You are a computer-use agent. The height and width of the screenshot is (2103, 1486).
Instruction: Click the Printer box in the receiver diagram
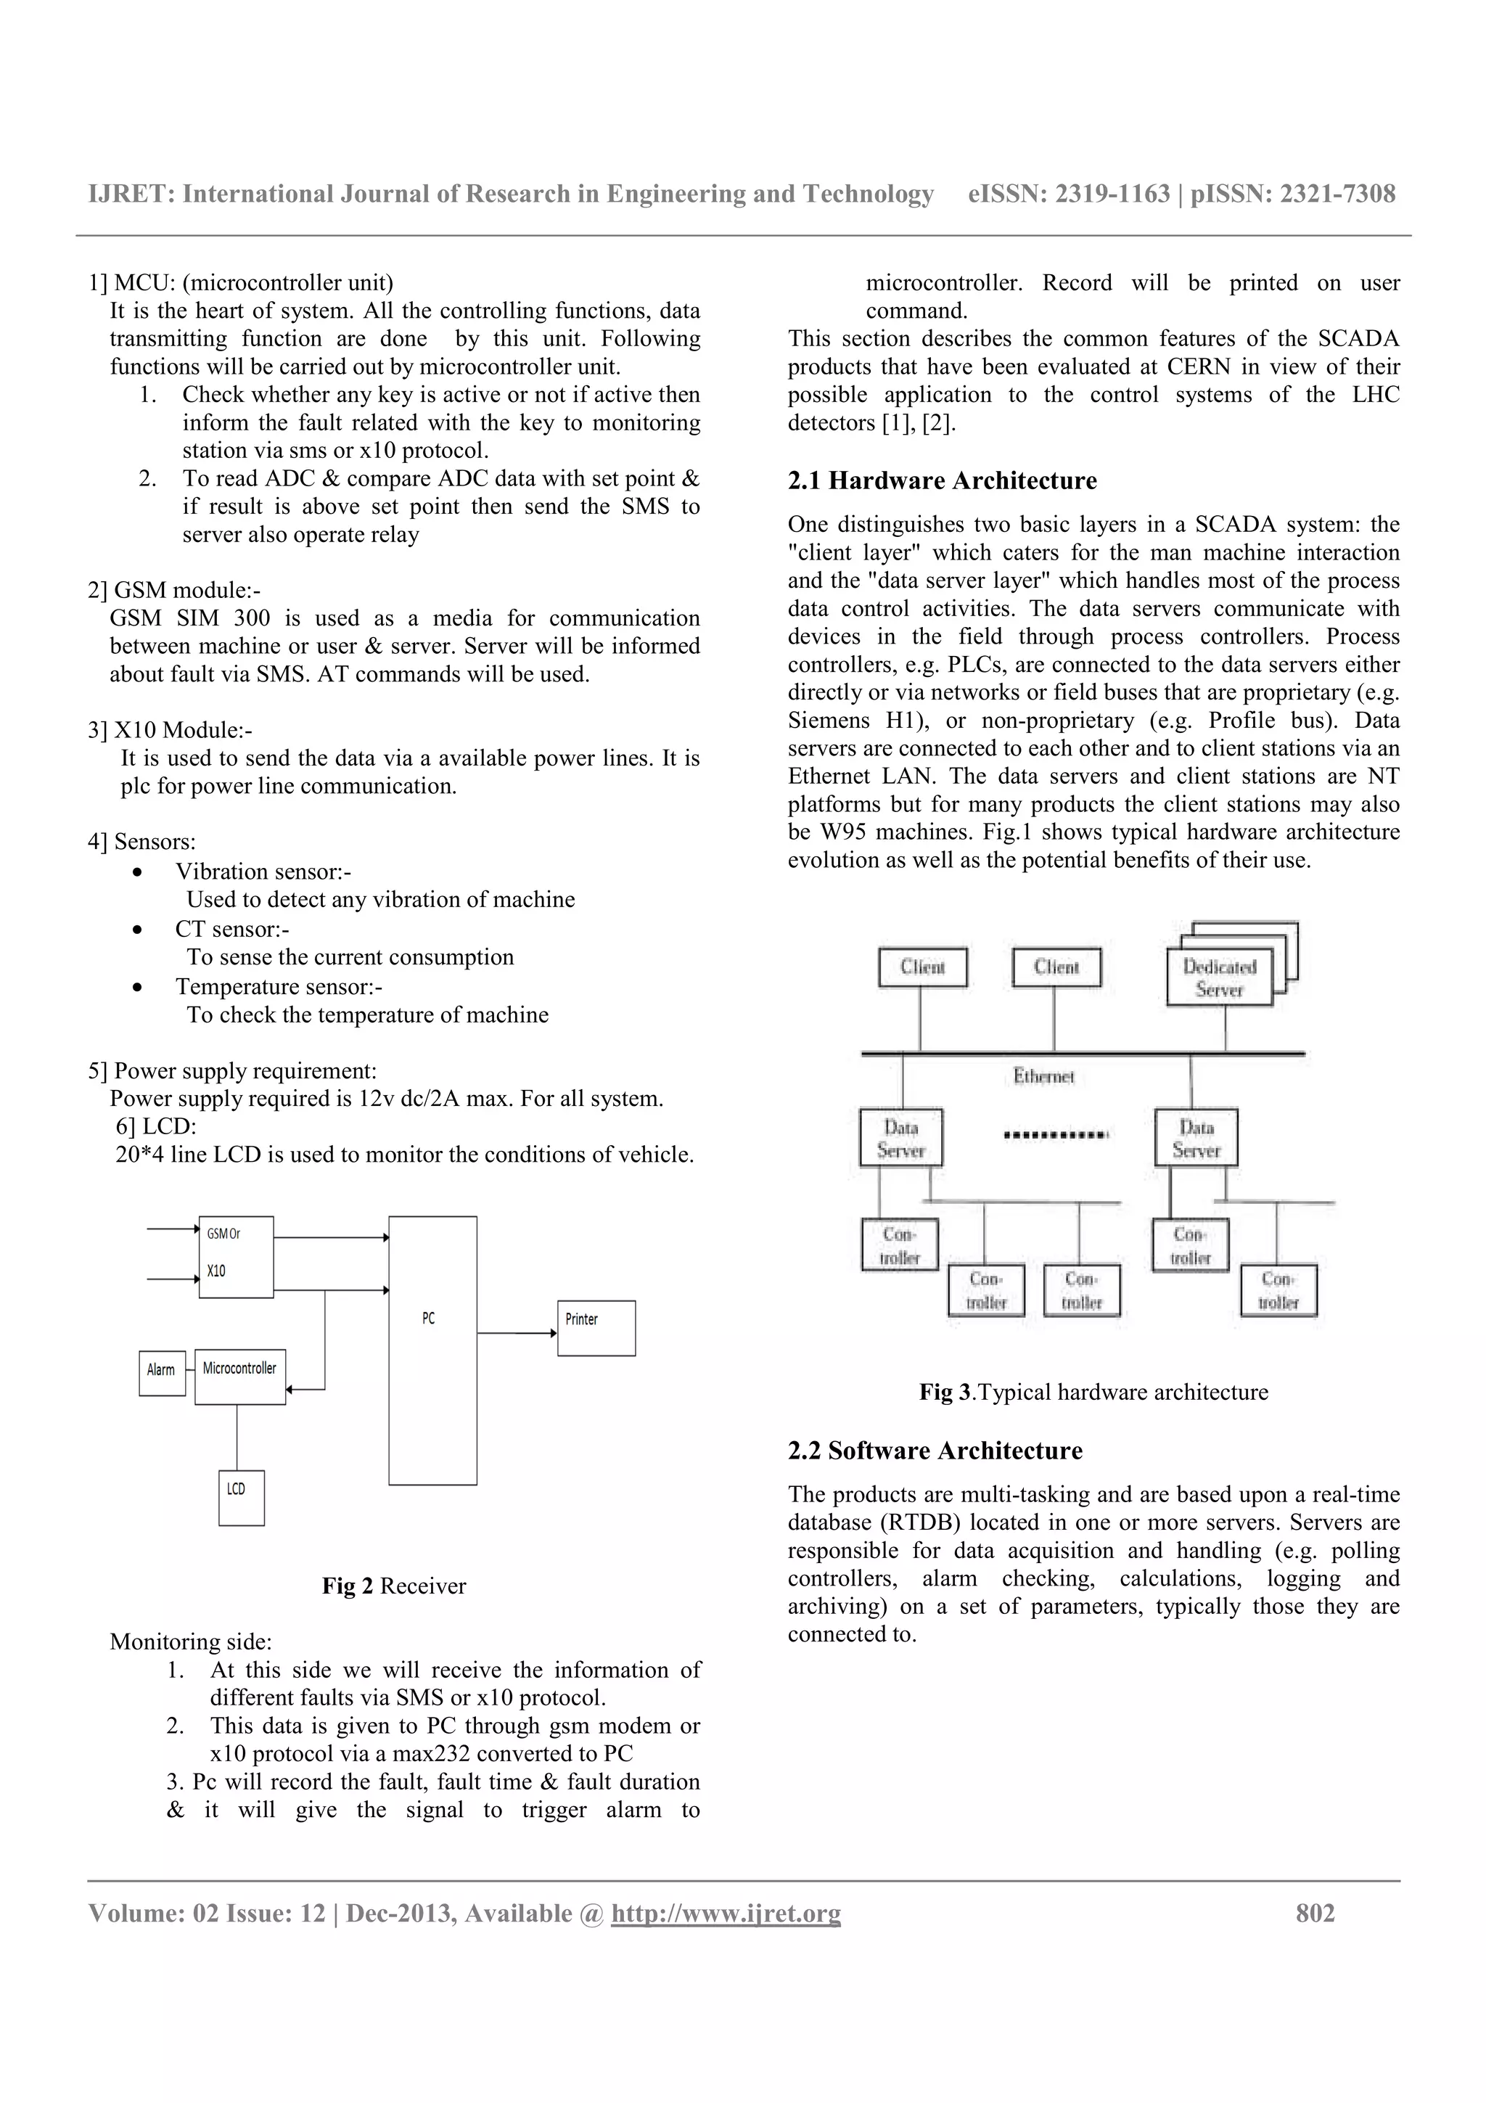[596, 1327]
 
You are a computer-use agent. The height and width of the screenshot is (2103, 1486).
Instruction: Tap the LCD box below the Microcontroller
[241, 1498]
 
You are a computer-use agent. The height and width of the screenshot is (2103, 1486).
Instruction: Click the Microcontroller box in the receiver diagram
[240, 1376]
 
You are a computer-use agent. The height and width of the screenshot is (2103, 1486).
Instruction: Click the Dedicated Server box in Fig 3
[1220, 977]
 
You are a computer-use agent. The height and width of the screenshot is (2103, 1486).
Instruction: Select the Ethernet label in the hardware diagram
[1043, 1076]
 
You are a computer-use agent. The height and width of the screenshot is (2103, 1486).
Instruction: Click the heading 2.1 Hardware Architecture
[942, 481]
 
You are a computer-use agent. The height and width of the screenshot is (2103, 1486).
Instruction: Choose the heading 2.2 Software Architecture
[935, 1451]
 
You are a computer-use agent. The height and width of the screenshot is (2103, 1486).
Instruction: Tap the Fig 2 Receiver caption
[394, 1586]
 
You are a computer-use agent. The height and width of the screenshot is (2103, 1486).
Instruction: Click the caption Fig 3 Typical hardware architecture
[1093, 1393]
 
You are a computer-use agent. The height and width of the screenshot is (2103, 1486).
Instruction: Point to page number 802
[1315, 1914]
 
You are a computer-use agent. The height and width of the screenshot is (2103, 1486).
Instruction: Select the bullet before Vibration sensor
[137, 872]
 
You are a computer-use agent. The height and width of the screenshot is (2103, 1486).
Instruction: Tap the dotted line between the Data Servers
[1056, 1135]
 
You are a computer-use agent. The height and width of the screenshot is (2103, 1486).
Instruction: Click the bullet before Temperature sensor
[137, 988]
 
